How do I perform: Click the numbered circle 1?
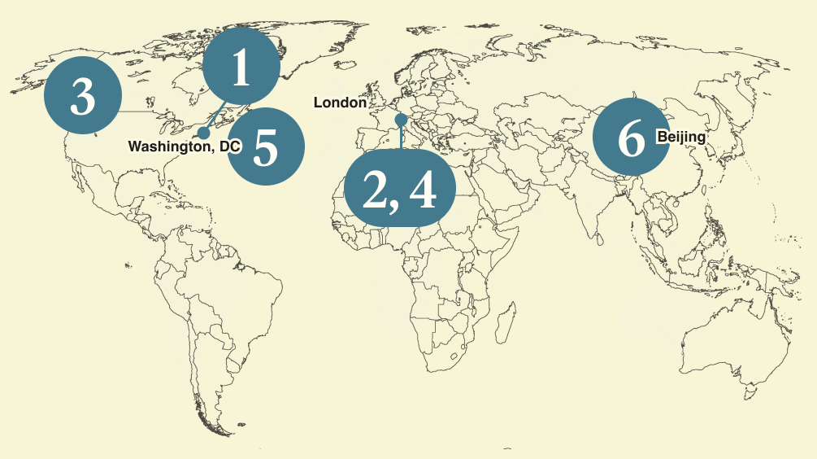pos(241,69)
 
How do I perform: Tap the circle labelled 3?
pos(82,98)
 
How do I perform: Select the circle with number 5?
pos(266,147)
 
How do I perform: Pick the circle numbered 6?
pos(632,138)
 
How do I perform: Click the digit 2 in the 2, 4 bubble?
pos(375,190)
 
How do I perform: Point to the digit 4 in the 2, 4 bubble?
pos(423,190)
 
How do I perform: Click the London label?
pos(340,103)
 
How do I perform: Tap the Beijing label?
pos(680,137)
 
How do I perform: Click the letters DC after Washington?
pos(230,147)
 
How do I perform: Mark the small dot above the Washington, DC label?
pos(203,133)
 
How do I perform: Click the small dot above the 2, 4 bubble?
pos(401,120)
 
